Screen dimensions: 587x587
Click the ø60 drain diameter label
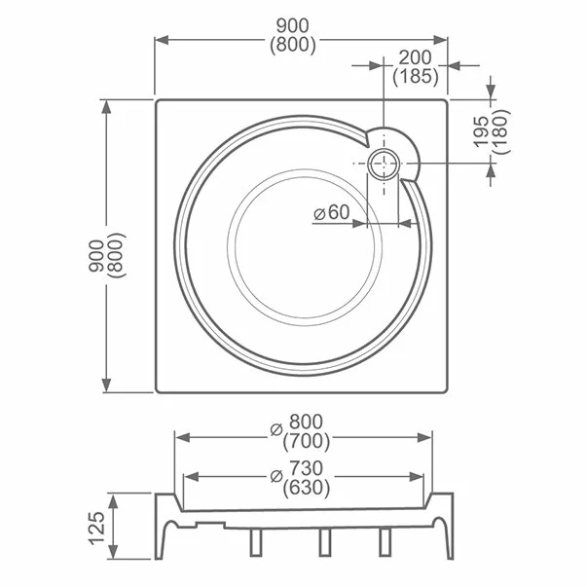(x=332, y=213)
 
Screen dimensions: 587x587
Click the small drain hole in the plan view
(x=384, y=164)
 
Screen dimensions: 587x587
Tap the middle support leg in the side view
(x=322, y=542)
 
